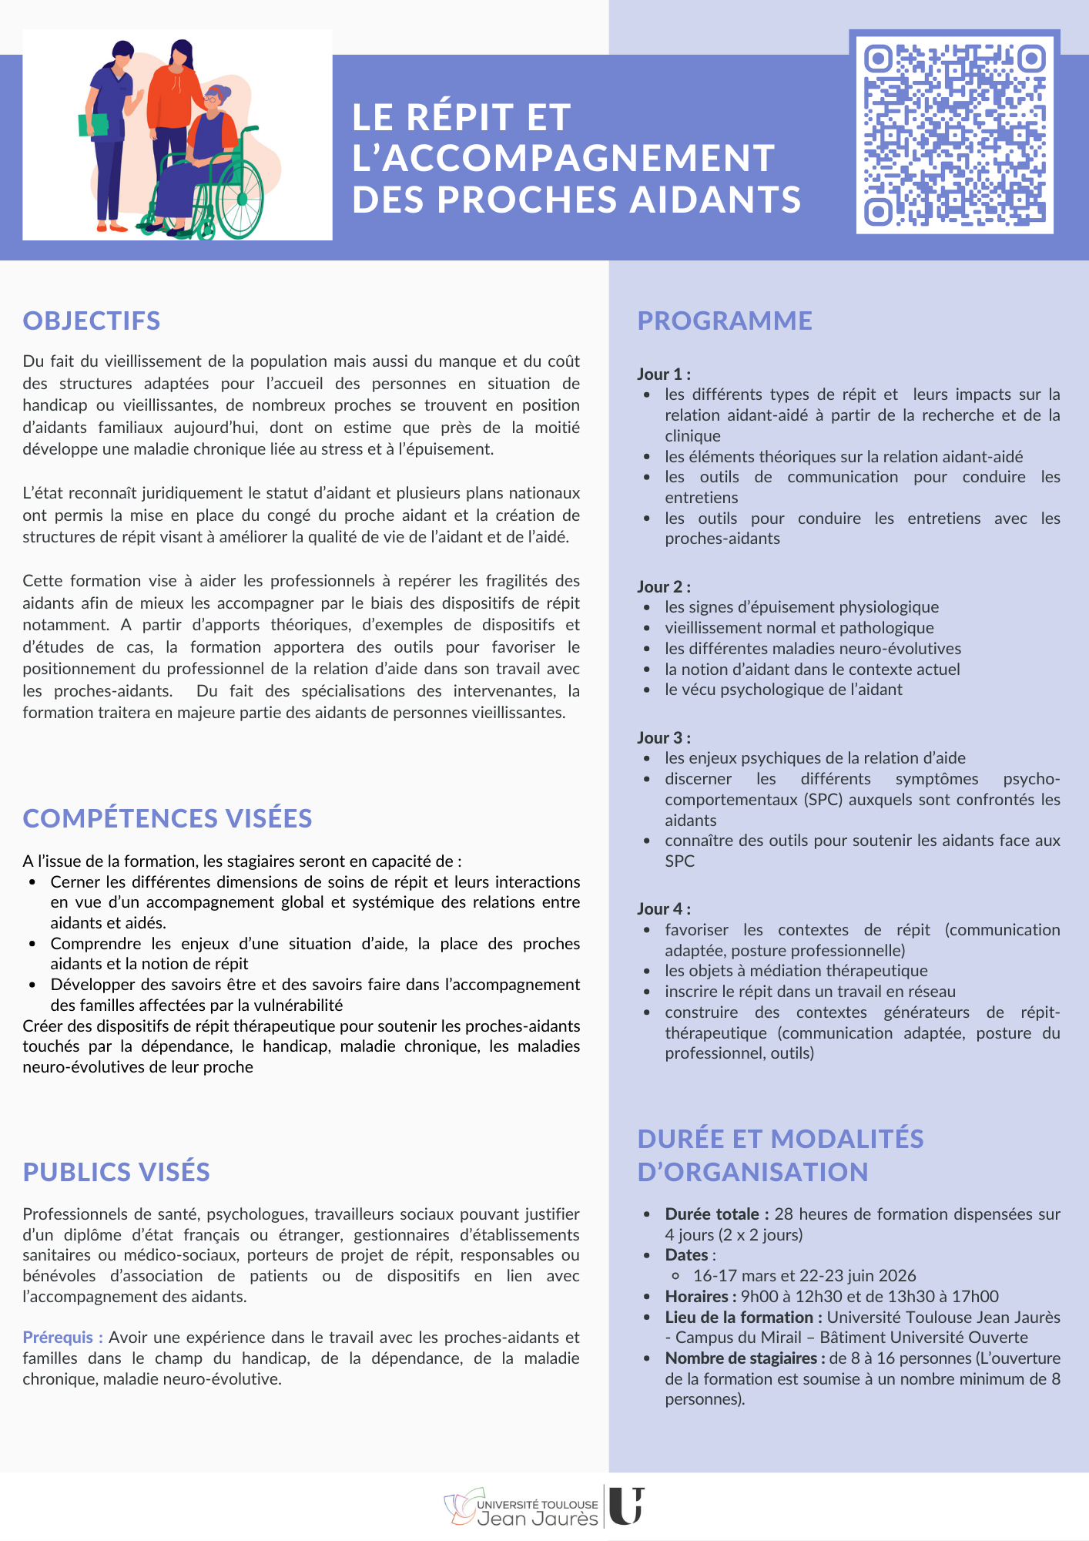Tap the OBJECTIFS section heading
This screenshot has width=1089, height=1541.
tap(92, 321)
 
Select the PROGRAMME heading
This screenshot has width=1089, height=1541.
tap(725, 321)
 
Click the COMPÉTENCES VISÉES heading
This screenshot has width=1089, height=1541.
tap(167, 818)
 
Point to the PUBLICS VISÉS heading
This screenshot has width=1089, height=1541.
tap(116, 1172)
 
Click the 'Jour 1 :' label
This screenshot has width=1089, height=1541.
tap(663, 374)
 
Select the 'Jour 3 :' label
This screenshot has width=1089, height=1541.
tap(663, 738)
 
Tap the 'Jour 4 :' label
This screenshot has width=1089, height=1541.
tap(663, 909)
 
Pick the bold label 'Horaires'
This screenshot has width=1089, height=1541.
tap(697, 1297)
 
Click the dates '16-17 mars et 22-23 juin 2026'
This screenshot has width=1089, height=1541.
tap(804, 1276)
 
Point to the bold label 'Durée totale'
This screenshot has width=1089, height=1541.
tap(712, 1214)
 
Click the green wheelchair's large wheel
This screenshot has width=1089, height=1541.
tap(240, 198)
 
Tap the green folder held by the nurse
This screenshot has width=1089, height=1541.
tap(93, 125)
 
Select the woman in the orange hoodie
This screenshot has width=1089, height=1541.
tap(177, 92)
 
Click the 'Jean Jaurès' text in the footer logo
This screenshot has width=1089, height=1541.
tap(538, 1519)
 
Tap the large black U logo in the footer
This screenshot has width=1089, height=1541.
tap(625, 1506)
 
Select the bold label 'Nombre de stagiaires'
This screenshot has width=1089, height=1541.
tap(739, 1358)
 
